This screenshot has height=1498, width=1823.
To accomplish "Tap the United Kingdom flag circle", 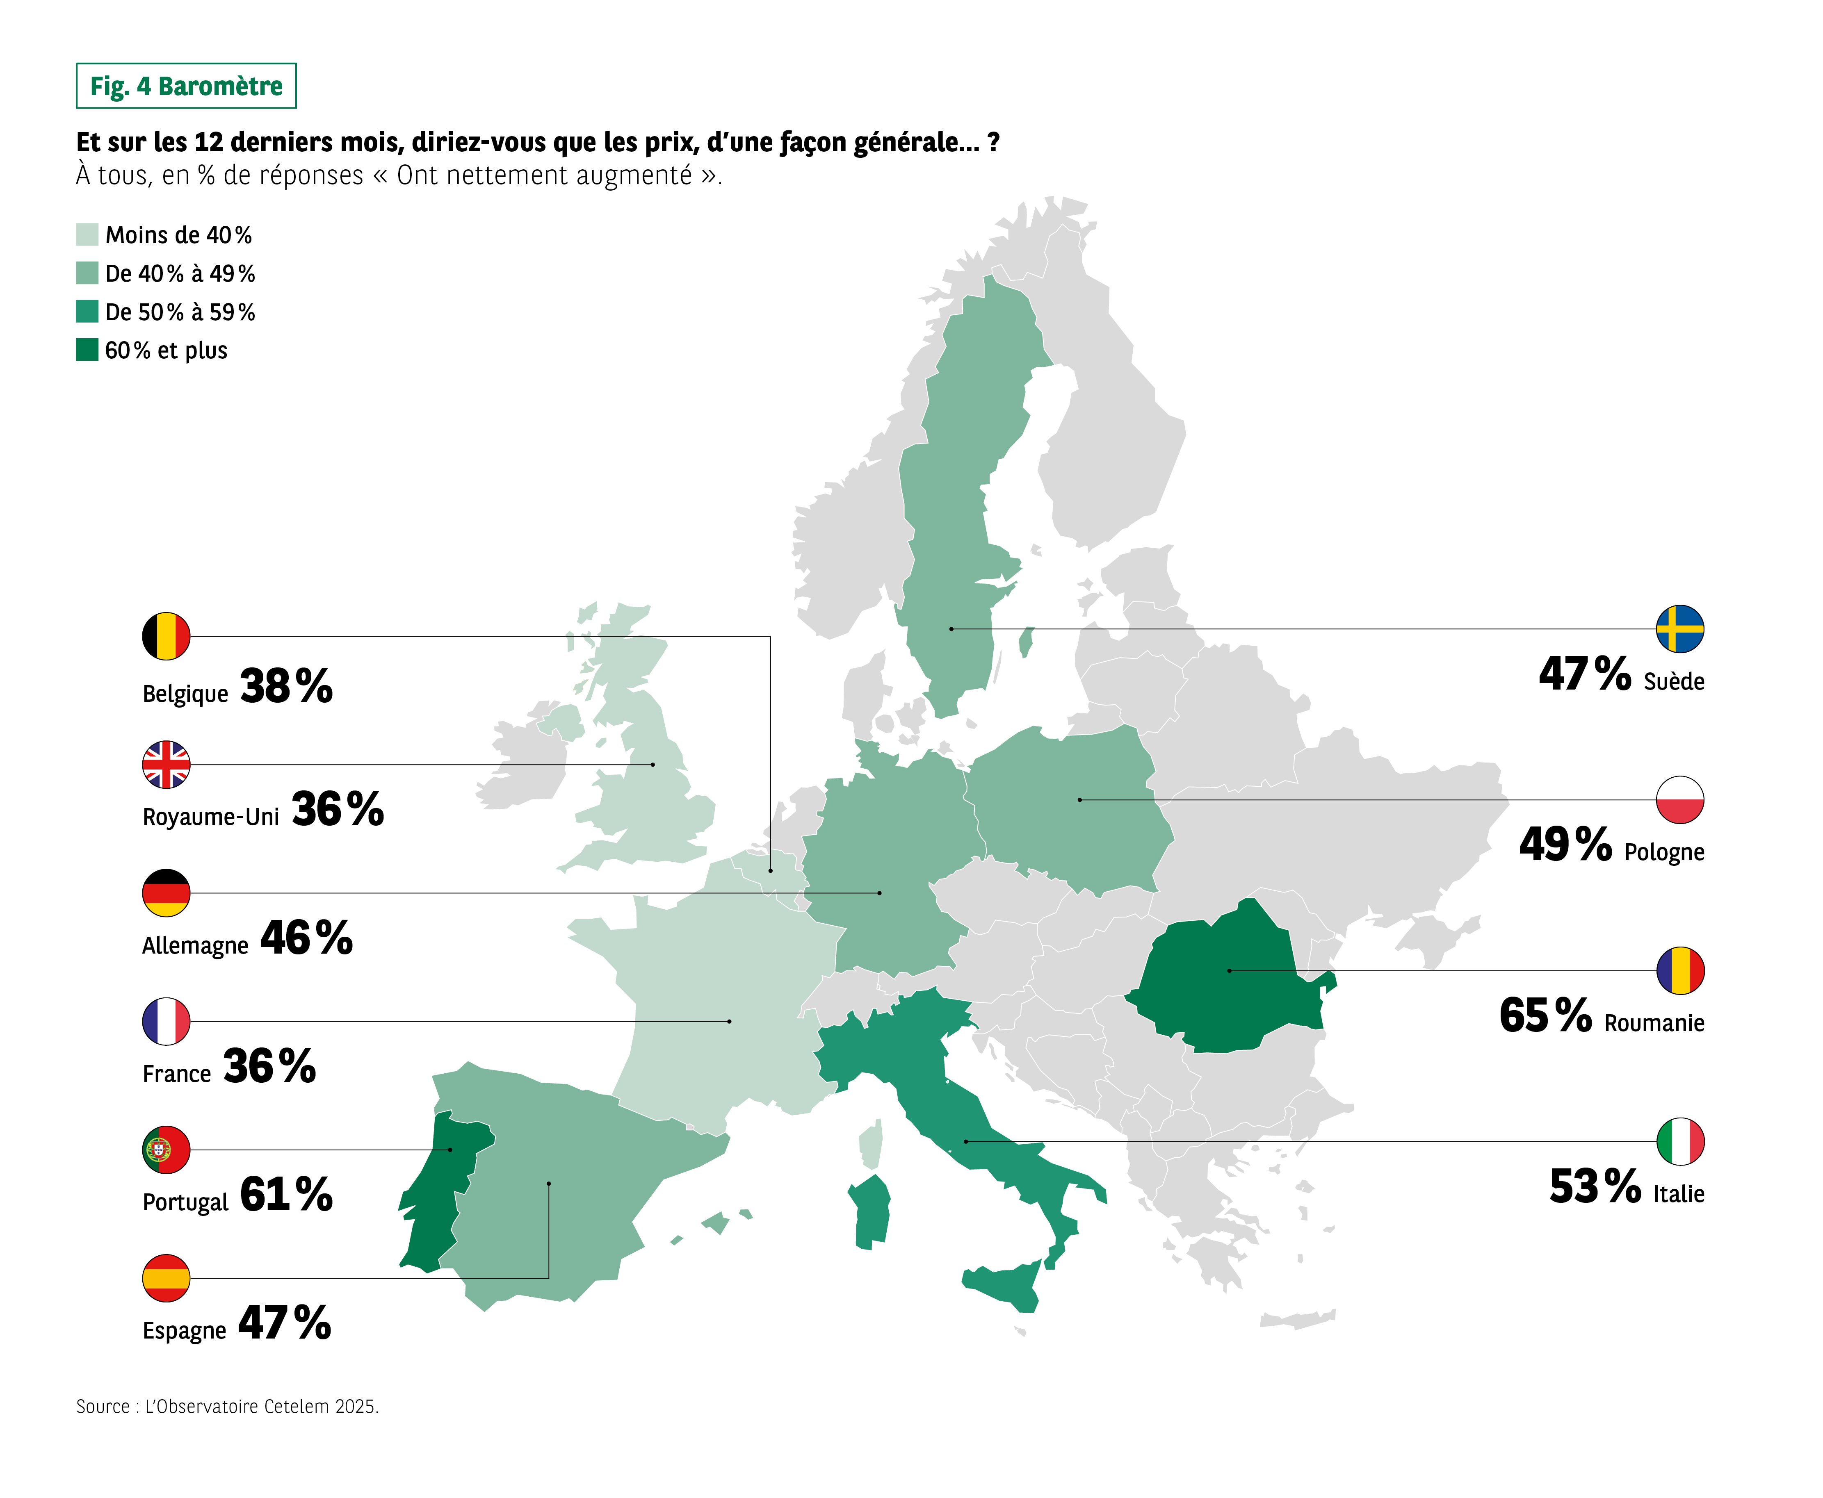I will [x=166, y=765].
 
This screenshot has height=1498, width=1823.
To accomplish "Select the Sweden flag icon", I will [x=1680, y=629].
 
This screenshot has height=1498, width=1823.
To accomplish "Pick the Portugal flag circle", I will [x=166, y=1150].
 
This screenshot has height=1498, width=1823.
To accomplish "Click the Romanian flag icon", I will [x=1680, y=971].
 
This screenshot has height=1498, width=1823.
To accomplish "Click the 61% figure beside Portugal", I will [x=286, y=1195].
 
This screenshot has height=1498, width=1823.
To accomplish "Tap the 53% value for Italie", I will [x=1595, y=1186].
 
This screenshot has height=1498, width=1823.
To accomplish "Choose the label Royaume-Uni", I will [x=211, y=816].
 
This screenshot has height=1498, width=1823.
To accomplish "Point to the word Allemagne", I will [x=195, y=946].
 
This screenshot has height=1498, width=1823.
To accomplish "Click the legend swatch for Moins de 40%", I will [x=87, y=235].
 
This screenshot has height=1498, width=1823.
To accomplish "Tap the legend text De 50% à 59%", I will [x=180, y=312].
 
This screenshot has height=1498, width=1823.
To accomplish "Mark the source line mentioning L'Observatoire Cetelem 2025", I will [x=227, y=1407].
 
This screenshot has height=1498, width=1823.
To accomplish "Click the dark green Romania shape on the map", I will [x=1226, y=984].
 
